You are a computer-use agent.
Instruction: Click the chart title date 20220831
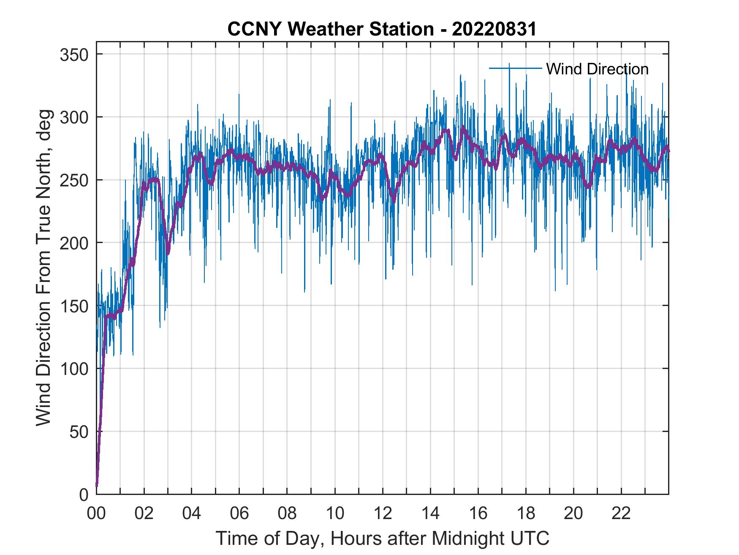pos(494,29)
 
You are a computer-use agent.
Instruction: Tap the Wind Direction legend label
pos(597,69)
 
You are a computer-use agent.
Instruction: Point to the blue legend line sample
pos(515,68)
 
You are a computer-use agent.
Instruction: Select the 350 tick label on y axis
pos(73,55)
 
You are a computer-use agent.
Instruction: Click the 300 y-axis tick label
pos(73,117)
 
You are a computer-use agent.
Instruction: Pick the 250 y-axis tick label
pos(73,180)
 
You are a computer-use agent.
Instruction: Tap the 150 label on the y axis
pos(73,306)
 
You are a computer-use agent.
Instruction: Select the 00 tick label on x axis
pos(96,514)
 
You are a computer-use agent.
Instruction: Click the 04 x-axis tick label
pos(192,514)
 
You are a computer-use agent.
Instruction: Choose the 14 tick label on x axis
pos(430,514)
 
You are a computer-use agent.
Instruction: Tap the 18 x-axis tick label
pos(526,514)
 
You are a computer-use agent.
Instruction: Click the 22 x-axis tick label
pos(621,514)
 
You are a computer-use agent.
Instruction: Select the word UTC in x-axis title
pos(532,538)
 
